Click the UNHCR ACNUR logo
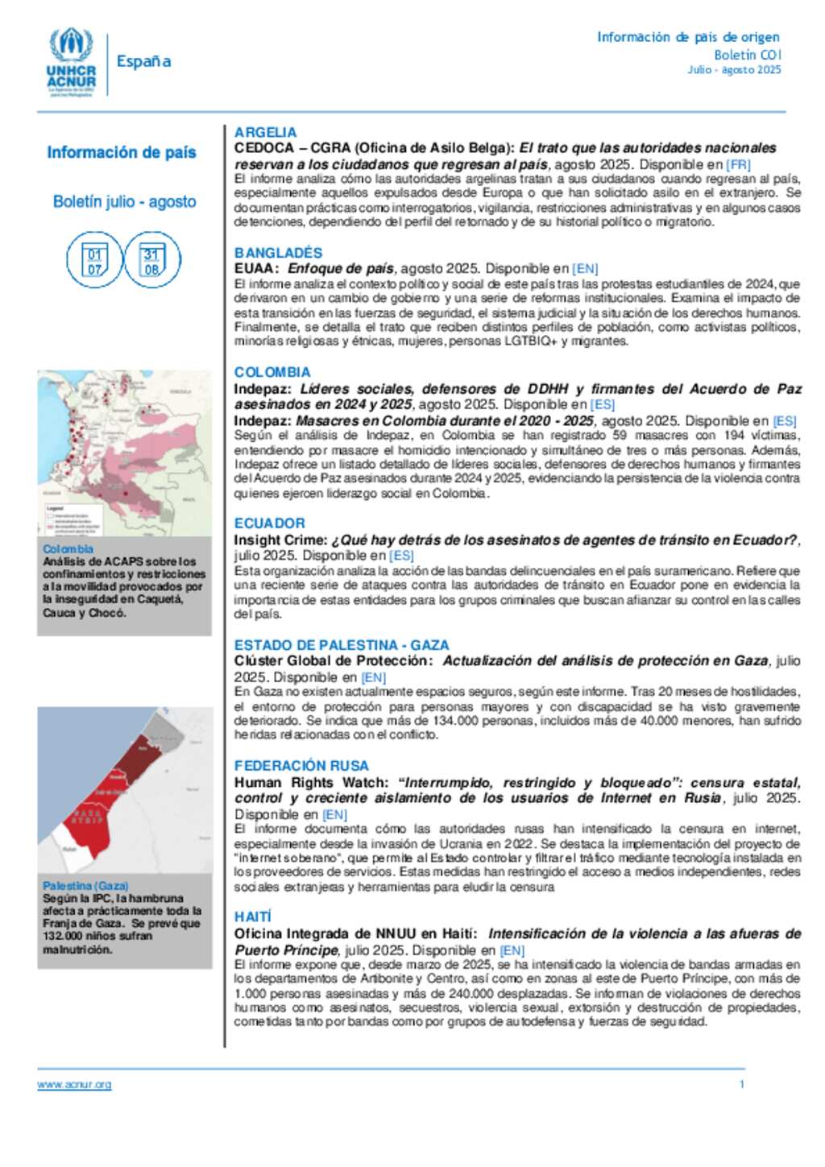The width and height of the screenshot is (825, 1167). tap(71, 63)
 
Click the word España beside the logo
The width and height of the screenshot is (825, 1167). tap(143, 61)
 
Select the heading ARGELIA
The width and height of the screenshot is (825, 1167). tap(265, 132)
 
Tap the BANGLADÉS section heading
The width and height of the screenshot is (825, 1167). tap(278, 253)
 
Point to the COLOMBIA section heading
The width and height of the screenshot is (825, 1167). tap(272, 372)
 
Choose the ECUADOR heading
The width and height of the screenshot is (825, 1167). tap(269, 523)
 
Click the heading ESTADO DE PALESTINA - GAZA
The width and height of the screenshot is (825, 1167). tap(342, 645)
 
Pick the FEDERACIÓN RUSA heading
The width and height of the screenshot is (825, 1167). tap(301, 766)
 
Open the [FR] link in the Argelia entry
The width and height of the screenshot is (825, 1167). tap(738, 164)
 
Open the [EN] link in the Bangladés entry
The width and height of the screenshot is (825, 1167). tap(585, 269)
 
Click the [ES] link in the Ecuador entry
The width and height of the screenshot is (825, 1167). tap(401, 556)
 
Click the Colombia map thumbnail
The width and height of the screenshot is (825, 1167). tap(124, 453)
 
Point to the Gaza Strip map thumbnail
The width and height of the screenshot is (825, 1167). tap(124, 789)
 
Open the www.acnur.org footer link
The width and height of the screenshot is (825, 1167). tap(74, 1085)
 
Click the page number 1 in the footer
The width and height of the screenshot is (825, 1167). tap(742, 1084)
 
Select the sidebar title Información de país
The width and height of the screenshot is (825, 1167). tap(122, 152)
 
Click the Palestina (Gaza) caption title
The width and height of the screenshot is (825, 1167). tap(85, 886)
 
